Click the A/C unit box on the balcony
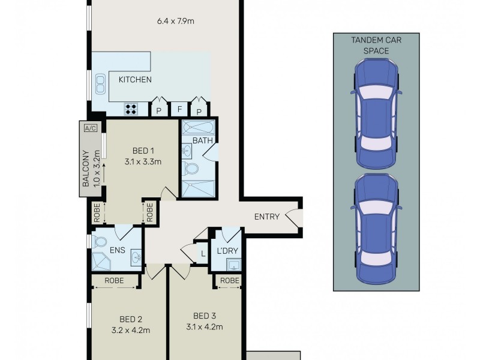91,128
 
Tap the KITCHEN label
135,80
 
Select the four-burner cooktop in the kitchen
131,109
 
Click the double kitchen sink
100,84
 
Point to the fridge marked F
179,109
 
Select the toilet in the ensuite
99,242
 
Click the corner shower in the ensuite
101,262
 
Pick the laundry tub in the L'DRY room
234,265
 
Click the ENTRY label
267,217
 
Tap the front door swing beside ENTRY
293,216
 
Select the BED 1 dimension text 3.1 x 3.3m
143,161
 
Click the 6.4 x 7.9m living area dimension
175,21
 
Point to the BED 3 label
205,316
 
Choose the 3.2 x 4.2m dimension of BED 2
131,331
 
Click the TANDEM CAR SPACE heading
376,46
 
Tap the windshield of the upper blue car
376,93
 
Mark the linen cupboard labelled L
203,253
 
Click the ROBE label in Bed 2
114,280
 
